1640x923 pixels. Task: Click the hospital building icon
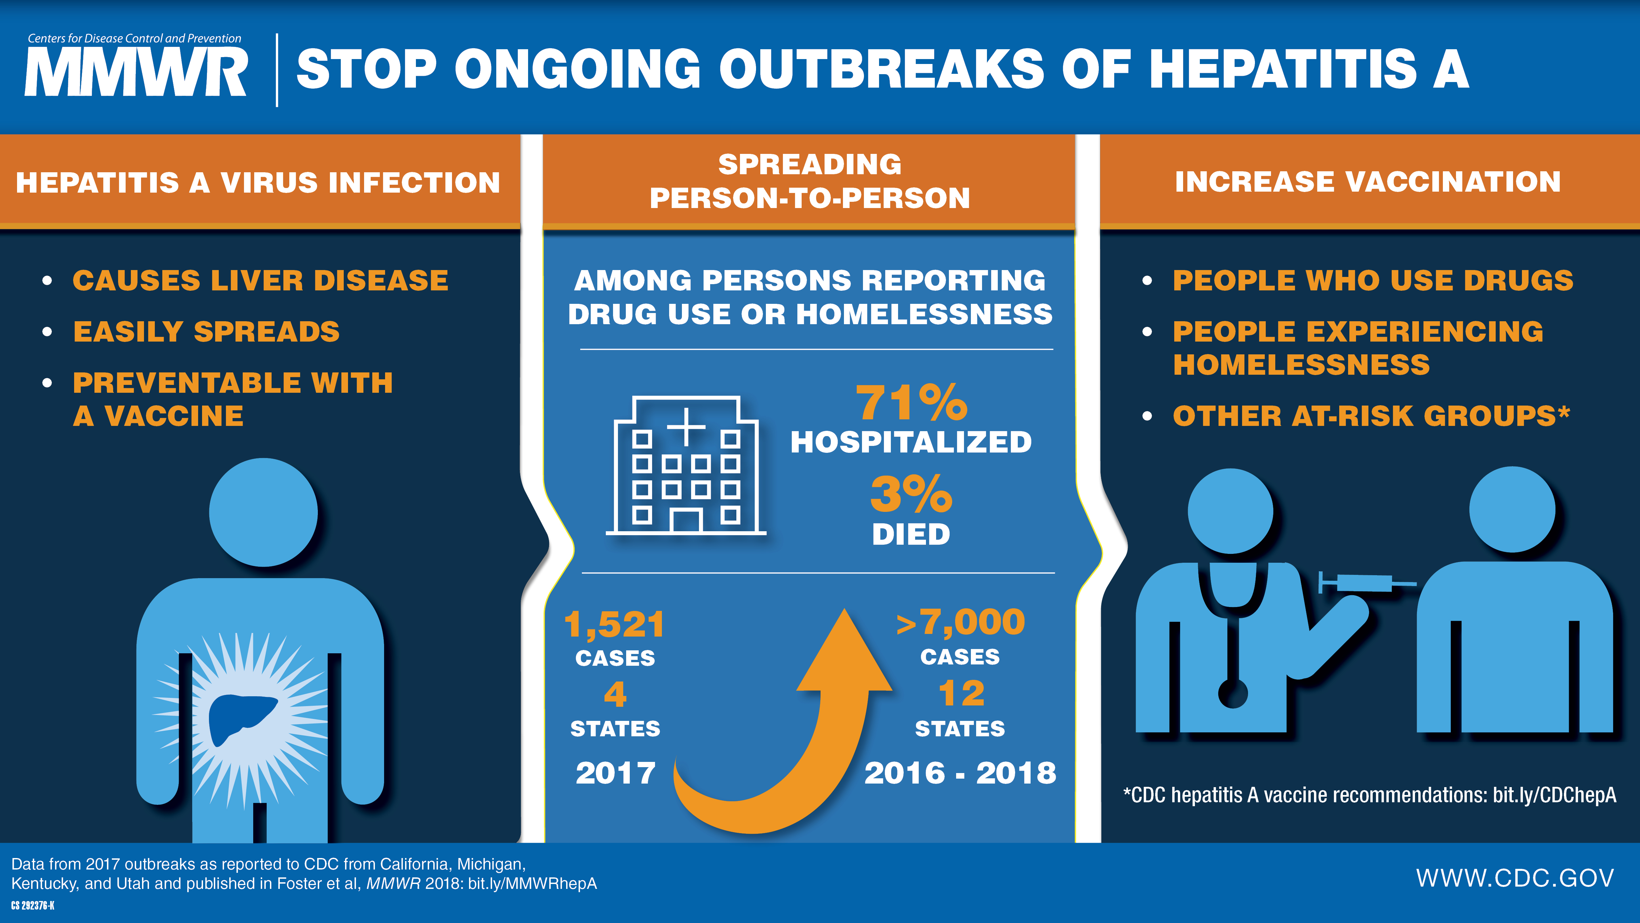(x=686, y=465)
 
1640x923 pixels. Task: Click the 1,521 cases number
(x=614, y=624)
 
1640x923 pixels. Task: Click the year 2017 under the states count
(x=615, y=773)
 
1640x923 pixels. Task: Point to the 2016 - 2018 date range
(x=960, y=773)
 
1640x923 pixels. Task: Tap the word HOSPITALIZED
(x=911, y=442)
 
